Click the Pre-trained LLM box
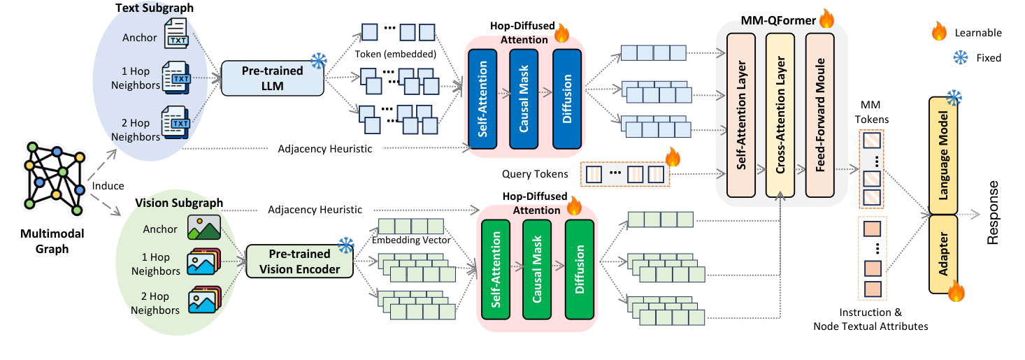[273, 78]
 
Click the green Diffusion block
[579, 267]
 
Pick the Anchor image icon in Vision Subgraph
[204, 227]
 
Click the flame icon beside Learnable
[939, 31]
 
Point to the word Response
[995, 213]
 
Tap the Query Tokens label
[534, 173]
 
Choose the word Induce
[108, 186]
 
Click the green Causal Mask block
[536, 267]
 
